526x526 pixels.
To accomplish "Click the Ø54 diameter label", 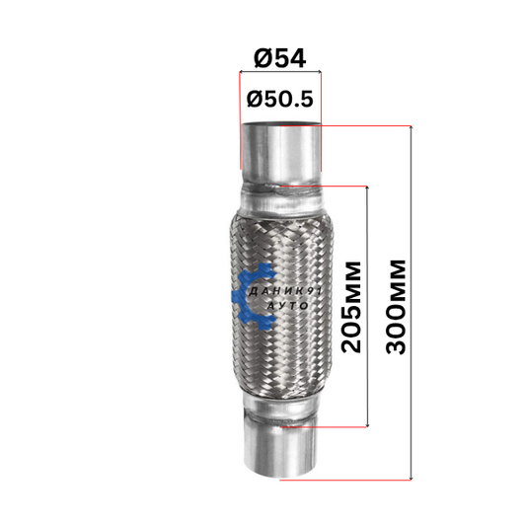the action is (x=280, y=58).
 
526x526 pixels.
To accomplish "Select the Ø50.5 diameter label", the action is (x=280, y=100).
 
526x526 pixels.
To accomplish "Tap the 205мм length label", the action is (x=351, y=307).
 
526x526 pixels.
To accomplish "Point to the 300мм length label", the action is (x=396, y=307).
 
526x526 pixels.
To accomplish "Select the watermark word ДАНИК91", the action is (x=285, y=291).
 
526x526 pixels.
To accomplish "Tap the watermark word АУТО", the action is (x=289, y=306).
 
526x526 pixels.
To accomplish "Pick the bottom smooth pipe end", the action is (x=280, y=450).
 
